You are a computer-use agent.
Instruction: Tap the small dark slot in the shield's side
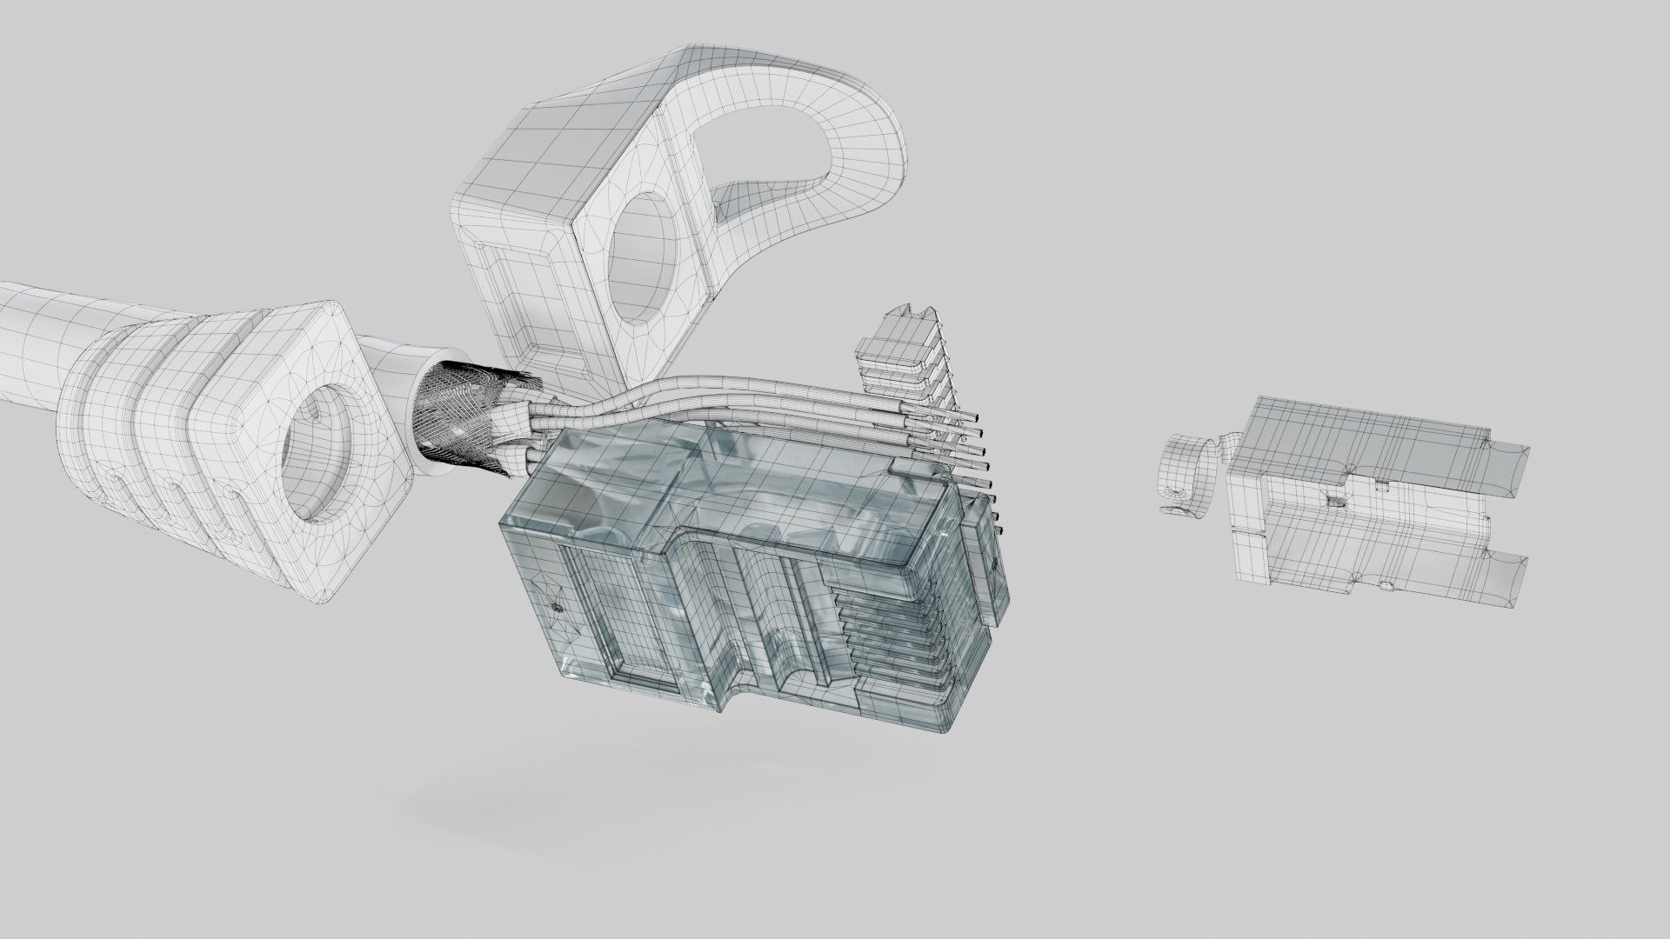[1336, 502]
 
